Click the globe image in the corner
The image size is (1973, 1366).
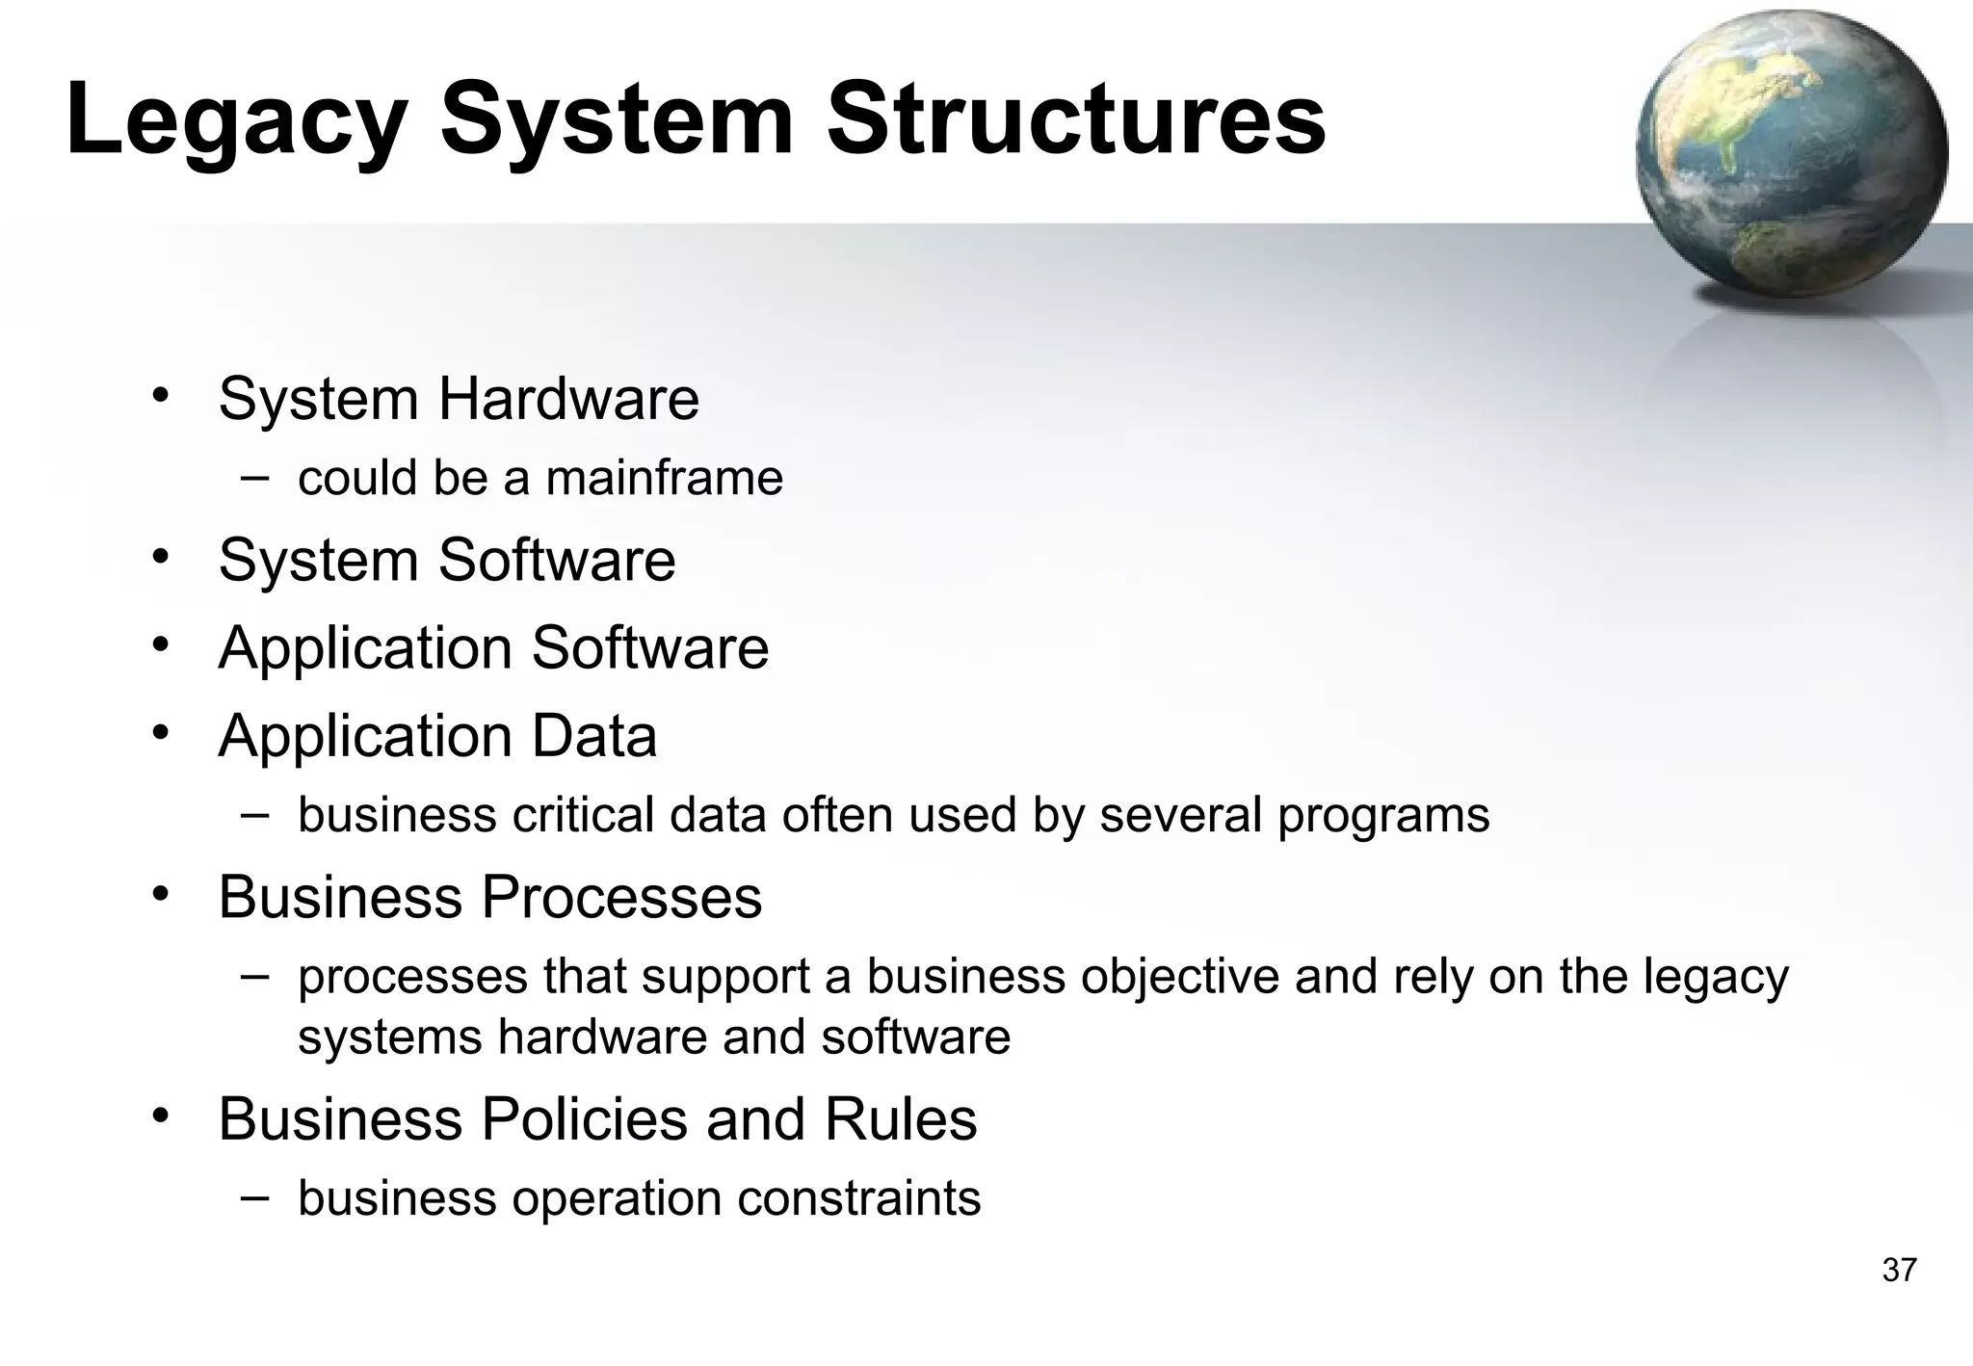(x=1791, y=154)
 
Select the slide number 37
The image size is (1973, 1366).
(x=1899, y=1271)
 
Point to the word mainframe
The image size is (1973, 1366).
(x=664, y=478)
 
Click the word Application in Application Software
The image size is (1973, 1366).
(x=365, y=648)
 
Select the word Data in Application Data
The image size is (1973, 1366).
(x=593, y=736)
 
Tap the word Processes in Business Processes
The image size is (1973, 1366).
(x=620, y=898)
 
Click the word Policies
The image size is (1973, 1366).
(x=583, y=1119)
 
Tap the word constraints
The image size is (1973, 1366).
(x=858, y=1199)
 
